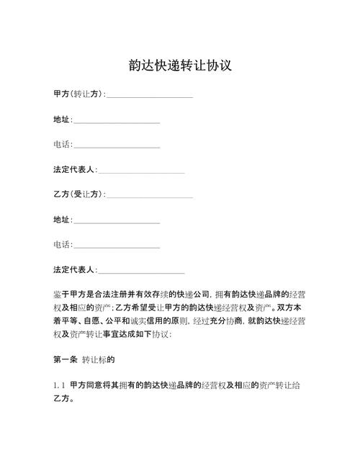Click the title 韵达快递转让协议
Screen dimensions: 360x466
point(179,65)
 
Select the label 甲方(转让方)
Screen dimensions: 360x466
point(78,94)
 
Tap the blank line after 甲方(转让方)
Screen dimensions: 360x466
point(150,95)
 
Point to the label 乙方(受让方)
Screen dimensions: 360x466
point(78,194)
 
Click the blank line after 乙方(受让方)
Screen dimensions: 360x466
point(150,195)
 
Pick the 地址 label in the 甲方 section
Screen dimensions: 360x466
point(62,119)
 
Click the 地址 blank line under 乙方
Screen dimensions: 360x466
point(117,220)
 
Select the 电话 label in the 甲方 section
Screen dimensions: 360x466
point(62,144)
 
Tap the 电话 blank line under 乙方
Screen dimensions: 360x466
point(117,246)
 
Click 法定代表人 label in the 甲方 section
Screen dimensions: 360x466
point(74,169)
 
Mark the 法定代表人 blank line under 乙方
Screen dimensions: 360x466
point(141,271)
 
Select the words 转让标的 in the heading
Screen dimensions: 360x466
point(99,358)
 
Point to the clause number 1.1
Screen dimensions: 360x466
point(59,385)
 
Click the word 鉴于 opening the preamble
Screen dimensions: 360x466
point(60,295)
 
